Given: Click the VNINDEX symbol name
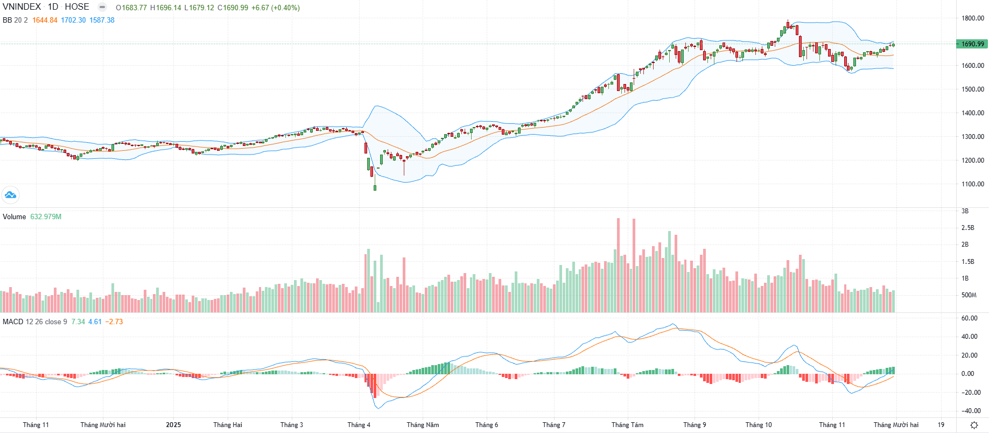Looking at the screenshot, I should click(x=22, y=7).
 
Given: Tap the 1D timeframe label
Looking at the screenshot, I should click(x=53, y=7).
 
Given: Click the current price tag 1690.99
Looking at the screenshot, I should click(x=972, y=44).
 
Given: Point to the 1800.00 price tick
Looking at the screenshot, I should click(x=973, y=18).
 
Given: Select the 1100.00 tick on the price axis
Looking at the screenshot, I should click(x=973, y=184).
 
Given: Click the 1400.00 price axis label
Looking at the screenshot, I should click(x=973, y=113).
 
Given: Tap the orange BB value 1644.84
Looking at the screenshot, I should click(x=45, y=20).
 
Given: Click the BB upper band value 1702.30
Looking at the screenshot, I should click(x=73, y=20).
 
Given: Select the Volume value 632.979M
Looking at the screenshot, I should click(x=46, y=217).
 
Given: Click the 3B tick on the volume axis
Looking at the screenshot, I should click(x=965, y=211).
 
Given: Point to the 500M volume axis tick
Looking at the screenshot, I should click(x=969, y=295).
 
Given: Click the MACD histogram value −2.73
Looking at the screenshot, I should click(x=114, y=322).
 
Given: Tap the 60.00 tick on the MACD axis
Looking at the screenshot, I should click(x=969, y=318).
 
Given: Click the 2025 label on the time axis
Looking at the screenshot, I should click(x=173, y=425).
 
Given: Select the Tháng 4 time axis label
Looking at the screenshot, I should click(x=359, y=425).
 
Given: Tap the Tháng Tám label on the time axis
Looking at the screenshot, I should click(x=627, y=425).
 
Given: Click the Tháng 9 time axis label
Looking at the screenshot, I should click(x=695, y=425).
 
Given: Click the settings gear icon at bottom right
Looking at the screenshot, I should click(x=974, y=425).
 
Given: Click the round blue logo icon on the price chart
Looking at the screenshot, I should click(x=10, y=195).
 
